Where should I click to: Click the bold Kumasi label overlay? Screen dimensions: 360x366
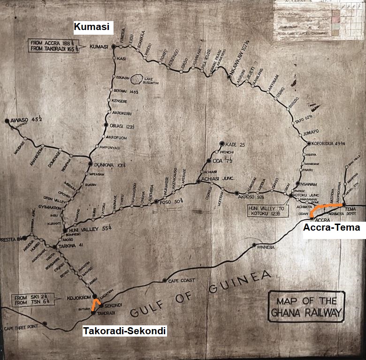tap(92, 28)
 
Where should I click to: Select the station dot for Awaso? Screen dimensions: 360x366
tap(7, 121)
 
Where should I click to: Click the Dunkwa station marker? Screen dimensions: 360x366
tap(91, 164)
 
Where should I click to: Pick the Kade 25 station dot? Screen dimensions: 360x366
tap(222, 144)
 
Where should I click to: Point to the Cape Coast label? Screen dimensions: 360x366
tap(178, 281)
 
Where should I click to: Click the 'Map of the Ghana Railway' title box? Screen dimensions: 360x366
tap(306, 307)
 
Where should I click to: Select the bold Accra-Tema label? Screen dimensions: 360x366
tap(331, 228)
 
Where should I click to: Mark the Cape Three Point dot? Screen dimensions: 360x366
tap(45, 323)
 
